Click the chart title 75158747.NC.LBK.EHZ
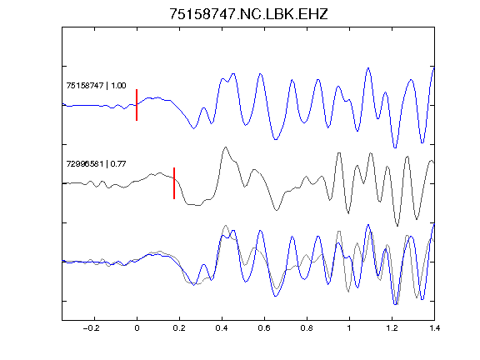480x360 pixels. click(248, 14)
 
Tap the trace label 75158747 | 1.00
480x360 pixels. click(96, 85)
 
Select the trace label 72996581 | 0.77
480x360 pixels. click(96, 164)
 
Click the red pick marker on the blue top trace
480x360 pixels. click(137, 105)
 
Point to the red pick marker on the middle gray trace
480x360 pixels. click(174, 183)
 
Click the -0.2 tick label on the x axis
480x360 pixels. click(92, 328)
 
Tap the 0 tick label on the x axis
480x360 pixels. click(137, 328)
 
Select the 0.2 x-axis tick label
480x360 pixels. click(179, 328)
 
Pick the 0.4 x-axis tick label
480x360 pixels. click(222, 328)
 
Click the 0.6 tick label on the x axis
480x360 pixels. click(264, 328)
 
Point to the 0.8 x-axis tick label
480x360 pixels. click(307, 328)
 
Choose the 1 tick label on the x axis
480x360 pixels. click(349, 328)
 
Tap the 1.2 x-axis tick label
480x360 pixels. click(392, 328)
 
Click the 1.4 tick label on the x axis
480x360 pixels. click(434, 328)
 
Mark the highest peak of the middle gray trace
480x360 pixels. click(226, 147)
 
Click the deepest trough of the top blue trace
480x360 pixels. click(395, 147)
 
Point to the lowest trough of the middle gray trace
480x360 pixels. click(397, 226)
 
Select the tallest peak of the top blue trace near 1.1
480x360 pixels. click(368, 68)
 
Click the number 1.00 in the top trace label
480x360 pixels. click(118, 85)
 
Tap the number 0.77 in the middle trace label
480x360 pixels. click(118, 164)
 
